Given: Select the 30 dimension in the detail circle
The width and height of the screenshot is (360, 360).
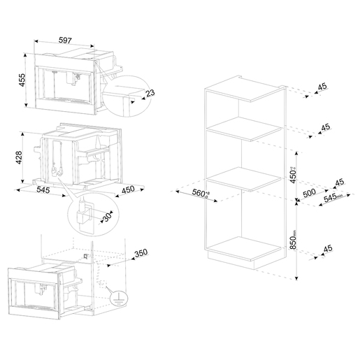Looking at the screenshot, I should click(107, 217).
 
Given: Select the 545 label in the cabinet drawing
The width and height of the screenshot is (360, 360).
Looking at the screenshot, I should click(331, 198).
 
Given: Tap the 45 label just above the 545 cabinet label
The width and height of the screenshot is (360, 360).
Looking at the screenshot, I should click(338, 183).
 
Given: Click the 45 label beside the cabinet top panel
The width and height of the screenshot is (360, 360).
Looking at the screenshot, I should click(322, 87).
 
